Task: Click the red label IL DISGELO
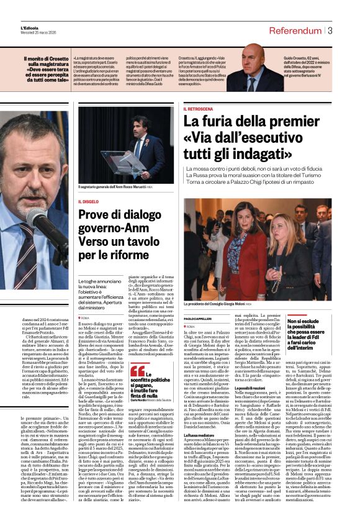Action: [89, 202]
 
